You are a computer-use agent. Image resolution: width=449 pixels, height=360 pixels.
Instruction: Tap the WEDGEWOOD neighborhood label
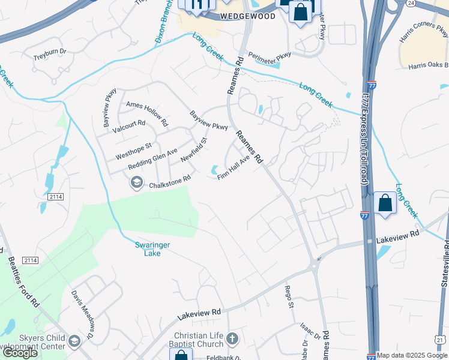(247, 16)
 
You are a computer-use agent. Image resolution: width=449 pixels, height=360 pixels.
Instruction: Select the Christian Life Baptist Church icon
(232, 340)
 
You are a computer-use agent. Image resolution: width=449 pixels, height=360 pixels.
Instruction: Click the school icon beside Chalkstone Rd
(137, 182)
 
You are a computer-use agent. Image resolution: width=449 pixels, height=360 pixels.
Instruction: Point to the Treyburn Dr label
(50, 52)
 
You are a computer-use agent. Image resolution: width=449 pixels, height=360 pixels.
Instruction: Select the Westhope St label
(134, 150)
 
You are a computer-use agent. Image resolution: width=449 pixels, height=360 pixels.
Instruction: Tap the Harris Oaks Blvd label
(429, 65)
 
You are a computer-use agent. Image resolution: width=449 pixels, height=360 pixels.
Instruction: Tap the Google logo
(20, 353)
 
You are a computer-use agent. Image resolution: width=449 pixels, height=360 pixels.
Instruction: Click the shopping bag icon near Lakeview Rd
(385, 203)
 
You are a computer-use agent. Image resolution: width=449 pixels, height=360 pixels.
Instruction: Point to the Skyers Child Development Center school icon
(74, 341)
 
